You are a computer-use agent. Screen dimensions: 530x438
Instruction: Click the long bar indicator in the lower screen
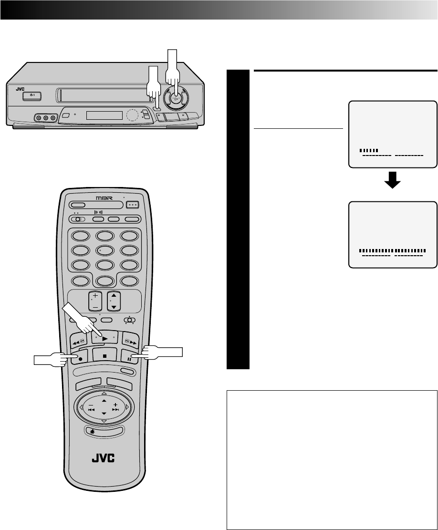tap(392, 250)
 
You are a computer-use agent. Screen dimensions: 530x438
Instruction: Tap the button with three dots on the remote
tap(132, 205)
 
